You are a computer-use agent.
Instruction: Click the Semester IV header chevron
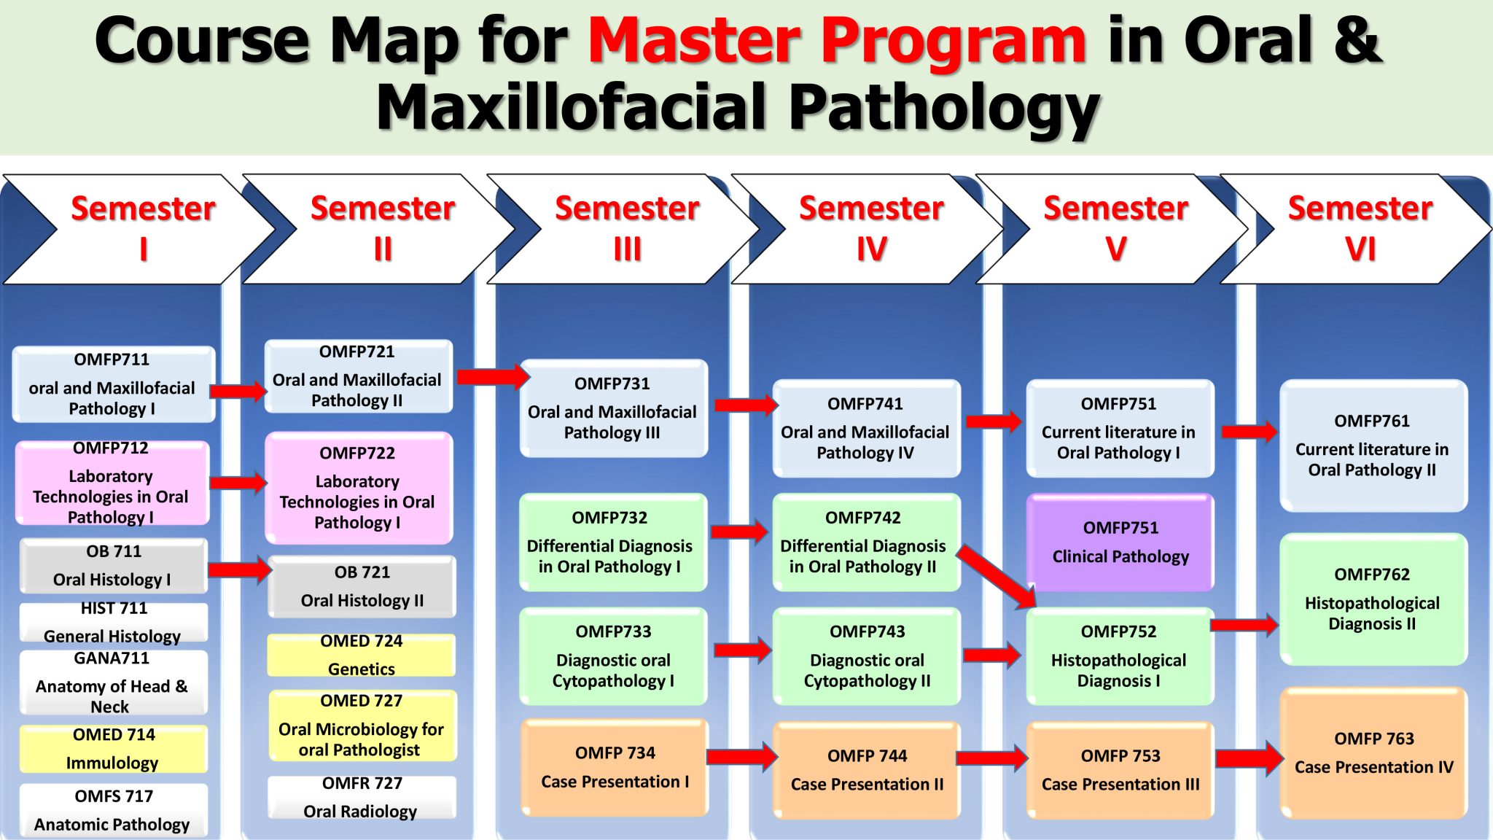pyautogui.click(x=871, y=228)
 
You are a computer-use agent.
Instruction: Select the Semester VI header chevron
pyautogui.click(x=1360, y=228)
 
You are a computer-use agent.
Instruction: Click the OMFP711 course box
pyautogui.click(x=113, y=384)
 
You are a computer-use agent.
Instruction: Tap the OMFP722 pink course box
pyautogui.click(x=358, y=488)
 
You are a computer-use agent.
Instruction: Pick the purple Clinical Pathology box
pyautogui.click(x=1120, y=542)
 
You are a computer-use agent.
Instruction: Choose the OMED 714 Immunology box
pyautogui.click(x=113, y=749)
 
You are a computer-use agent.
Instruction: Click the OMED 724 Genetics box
pyautogui.click(x=361, y=655)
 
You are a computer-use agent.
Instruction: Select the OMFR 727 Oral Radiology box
pyautogui.click(x=361, y=797)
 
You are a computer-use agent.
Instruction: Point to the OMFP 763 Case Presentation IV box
pyautogui.click(x=1373, y=753)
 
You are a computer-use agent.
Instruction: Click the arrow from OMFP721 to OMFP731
pyautogui.click(x=492, y=376)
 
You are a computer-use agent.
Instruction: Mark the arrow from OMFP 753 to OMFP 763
pyautogui.click(x=1248, y=758)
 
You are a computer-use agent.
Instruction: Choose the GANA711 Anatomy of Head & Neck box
pyautogui.click(x=113, y=682)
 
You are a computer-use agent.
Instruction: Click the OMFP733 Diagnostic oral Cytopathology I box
pyautogui.click(x=613, y=656)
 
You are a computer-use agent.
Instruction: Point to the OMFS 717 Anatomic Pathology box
pyautogui.click(x=113, y=810)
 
